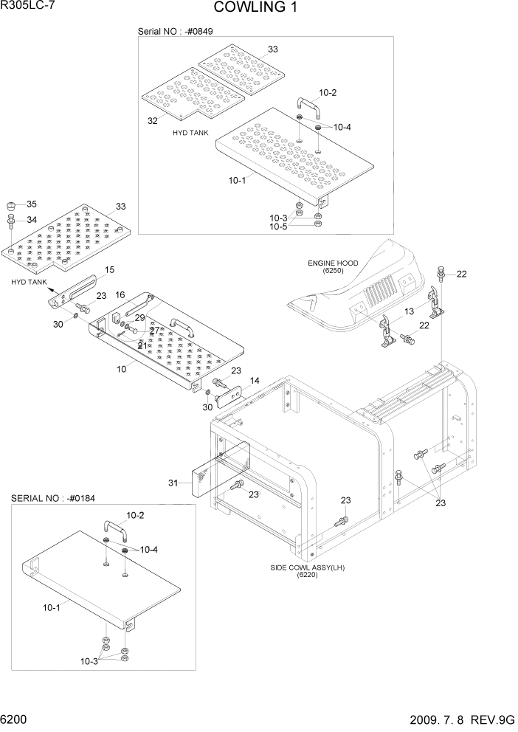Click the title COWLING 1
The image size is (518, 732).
point(258,8)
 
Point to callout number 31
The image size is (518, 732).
point(173,483)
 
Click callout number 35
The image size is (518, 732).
point(31,204)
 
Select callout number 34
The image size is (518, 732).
point(31,219)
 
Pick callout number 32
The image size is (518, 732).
point(153,120)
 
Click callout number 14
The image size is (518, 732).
point(255,381)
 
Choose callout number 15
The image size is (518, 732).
point(110,270)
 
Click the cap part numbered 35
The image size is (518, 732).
point(11,206)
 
